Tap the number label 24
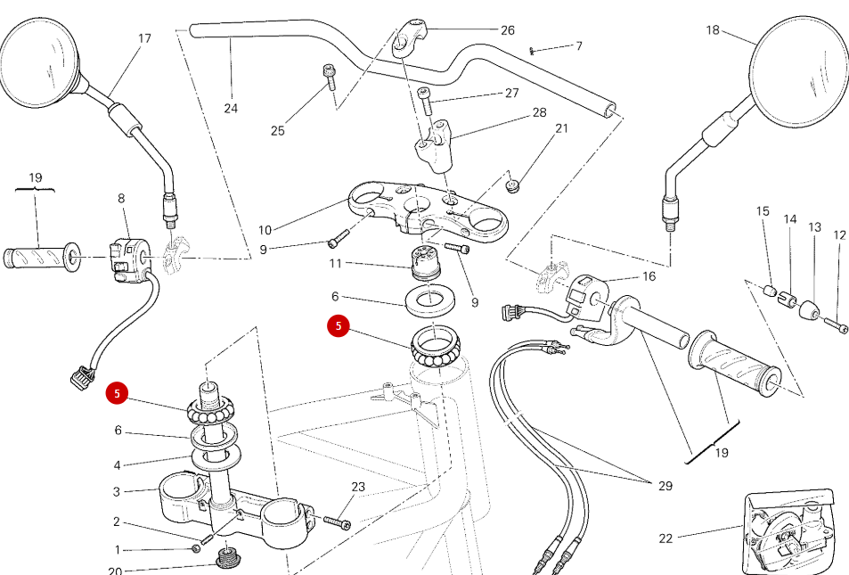tap(231, 109)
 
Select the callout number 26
tap(507, 30)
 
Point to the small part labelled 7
tap(533, 50)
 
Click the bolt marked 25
tap(329, 78)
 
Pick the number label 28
tap(539, 112)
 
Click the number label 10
tap(265, 231)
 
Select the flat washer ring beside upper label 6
tap(429, 300)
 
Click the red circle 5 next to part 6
tap(339, 326)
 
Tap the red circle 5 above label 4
tap(117, 392)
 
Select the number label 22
tap(665, 538)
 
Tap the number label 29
tap(665, 486)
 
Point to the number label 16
tap(649, 276)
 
